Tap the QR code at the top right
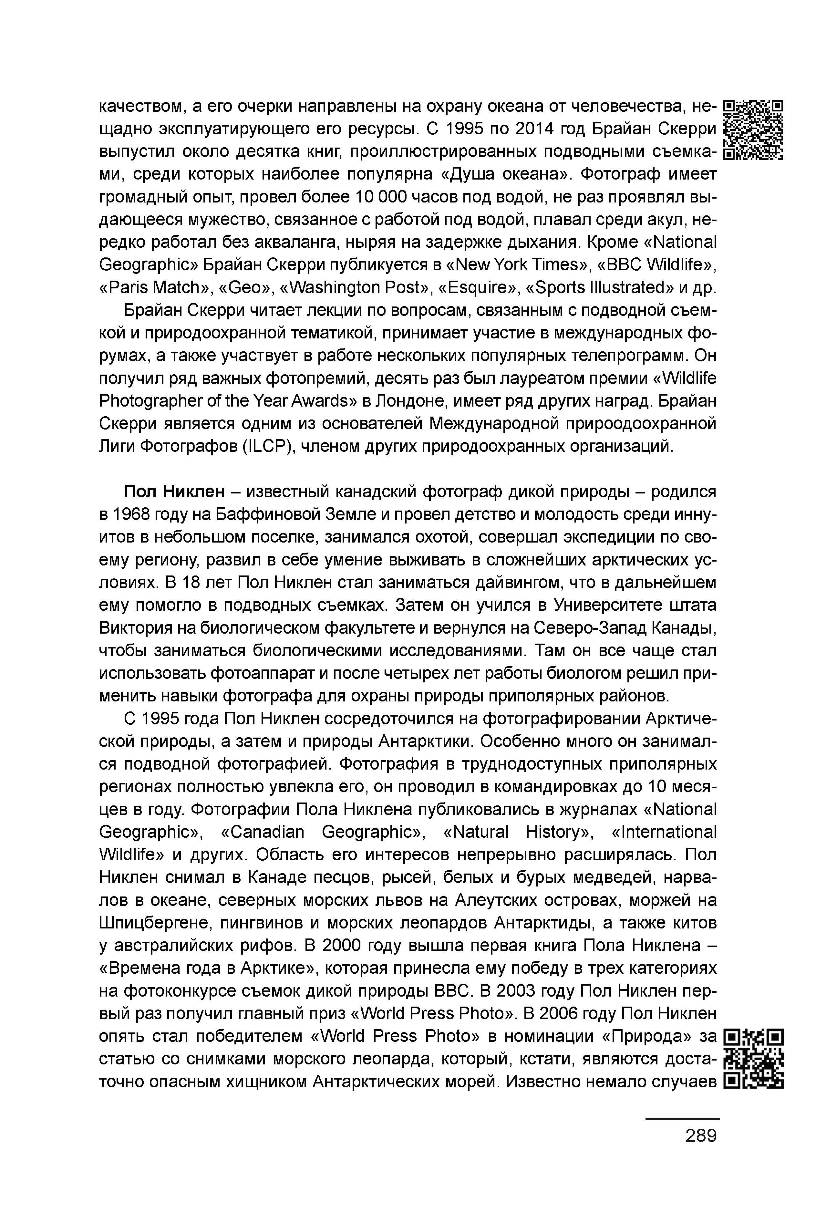[754, 129]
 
